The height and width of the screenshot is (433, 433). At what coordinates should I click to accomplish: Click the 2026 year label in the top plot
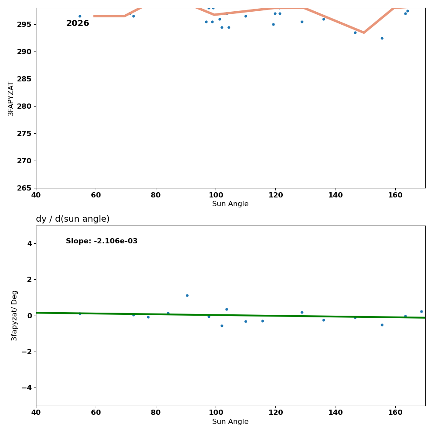tap(78, 23)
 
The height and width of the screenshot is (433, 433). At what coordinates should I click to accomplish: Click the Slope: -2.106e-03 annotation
tap(102, 241)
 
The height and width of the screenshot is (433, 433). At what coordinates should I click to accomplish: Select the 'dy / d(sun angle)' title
tap(73, 219)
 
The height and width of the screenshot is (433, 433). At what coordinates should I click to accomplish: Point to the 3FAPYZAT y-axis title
tap(11, 98)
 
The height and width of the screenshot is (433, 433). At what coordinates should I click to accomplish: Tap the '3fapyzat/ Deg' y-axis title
tap(15, 315)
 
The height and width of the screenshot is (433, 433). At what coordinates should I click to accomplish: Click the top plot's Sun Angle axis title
tap(230, 204)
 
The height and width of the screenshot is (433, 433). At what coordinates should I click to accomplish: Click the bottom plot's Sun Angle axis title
tap(230, 422)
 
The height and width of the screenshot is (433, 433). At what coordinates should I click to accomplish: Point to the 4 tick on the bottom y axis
tap(29, 243)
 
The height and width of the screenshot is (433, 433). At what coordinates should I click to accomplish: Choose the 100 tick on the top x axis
tap(216, 195)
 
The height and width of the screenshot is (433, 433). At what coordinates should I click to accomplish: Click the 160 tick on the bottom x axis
tap(395, 413)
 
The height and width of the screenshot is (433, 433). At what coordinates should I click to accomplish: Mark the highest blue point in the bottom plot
tap(187, 295)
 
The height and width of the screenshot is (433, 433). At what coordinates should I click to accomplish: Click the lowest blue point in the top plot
tap(382, 38)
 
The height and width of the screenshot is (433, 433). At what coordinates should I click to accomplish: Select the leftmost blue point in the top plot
tap(80, 16)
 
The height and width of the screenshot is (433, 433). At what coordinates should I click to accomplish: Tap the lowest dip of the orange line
tap(364, 32)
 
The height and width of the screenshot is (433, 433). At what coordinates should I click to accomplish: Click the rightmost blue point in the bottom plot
tap(421, 311)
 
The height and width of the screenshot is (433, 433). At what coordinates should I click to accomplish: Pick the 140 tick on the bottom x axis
tap(336, 413)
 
